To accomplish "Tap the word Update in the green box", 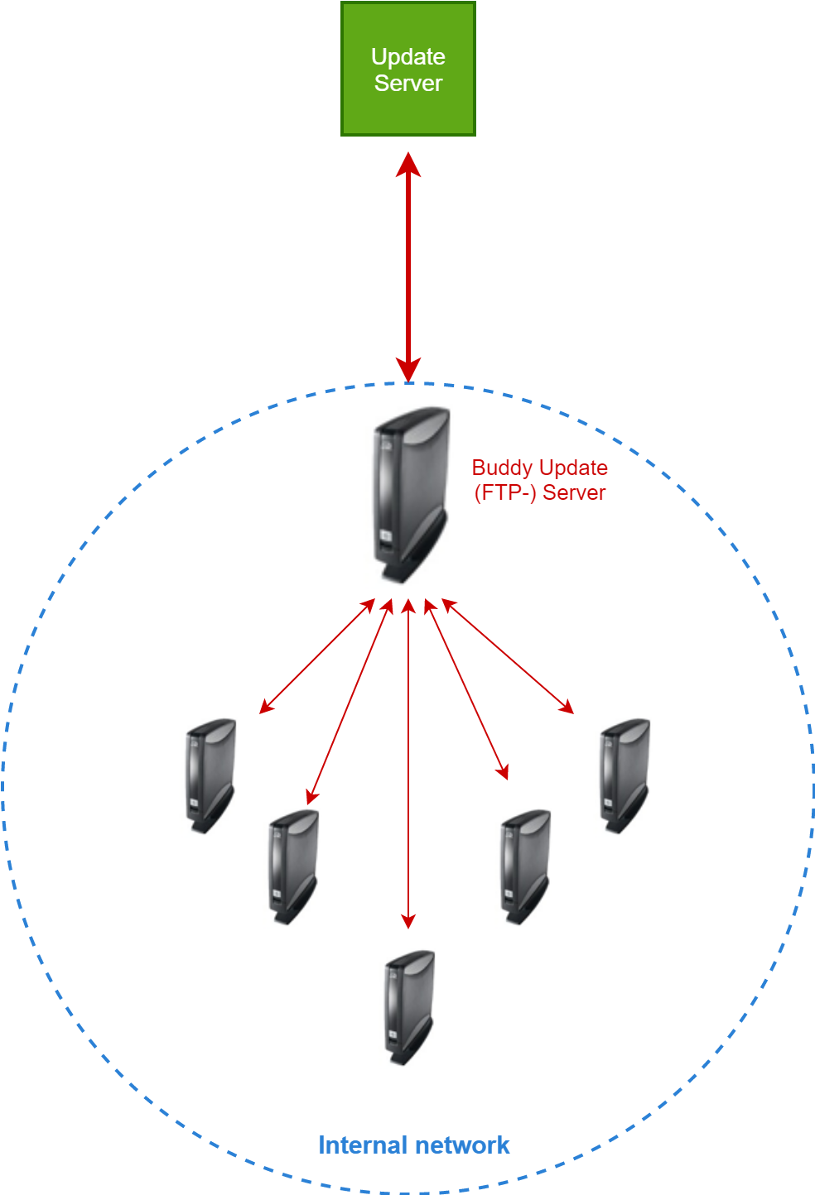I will pyautogui.click(x=408, y=56).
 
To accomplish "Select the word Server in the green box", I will pyautogui.click(x=408, y=83).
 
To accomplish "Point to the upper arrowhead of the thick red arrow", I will pyautogui.click(x=408, y=164).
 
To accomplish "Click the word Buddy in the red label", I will pyautogui.click(x=500, y=468).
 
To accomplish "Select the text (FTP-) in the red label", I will pyautogui.click(x=505, y=492).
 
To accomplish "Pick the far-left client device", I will pyautogui.click(x=211, y=775).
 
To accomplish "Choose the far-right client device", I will pyautogui.click(x=625, y=775).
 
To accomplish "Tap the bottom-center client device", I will pyautogui.click(x=410, y=1006).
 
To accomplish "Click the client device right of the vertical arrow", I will pyautogui.click(x=526, y=866).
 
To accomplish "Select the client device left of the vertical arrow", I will pyautogui.click(x=294, y=866).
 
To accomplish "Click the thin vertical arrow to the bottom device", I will pyautogui.click(x=408, y=761).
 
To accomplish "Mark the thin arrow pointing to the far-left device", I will pyautogui.click(x=317, y=655).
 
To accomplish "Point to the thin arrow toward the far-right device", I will pyautogui.click(x=508, y=655).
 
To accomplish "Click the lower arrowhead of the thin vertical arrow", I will pyautogui.click(x=408, y=921).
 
